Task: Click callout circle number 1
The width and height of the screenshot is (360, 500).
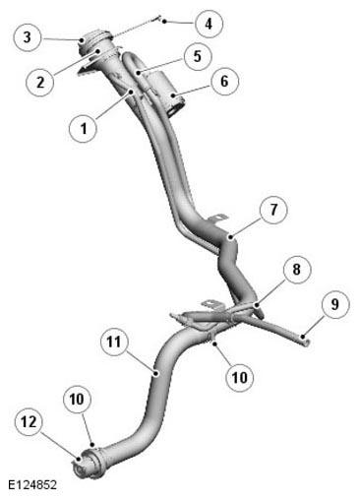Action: [84, 128]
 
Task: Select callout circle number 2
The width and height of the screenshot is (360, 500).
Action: [40, 82]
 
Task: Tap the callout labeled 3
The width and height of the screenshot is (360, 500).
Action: [28, 37]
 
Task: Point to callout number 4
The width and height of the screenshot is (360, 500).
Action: [209, 24]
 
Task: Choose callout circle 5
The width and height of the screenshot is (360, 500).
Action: [197, 56]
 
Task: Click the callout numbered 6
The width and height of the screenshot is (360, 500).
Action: [224, 81]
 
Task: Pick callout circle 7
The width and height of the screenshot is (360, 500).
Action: [273, 210]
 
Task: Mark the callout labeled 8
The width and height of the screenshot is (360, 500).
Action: [296, 270]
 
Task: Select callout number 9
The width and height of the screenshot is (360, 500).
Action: [335, 304]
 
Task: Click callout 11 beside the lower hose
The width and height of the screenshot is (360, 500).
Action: [114, 343]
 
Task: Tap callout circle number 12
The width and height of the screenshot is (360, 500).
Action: [30, 422]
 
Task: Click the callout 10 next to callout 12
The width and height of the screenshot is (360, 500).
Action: [77, 400]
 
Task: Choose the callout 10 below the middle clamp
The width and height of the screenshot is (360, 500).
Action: [240, 377]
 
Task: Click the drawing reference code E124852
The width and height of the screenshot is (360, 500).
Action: [32, 485]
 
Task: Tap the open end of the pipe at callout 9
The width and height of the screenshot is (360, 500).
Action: [307, 342]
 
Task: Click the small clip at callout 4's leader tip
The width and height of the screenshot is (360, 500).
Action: [159, 19]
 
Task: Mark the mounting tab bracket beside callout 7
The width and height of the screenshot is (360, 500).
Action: [217, 218]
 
